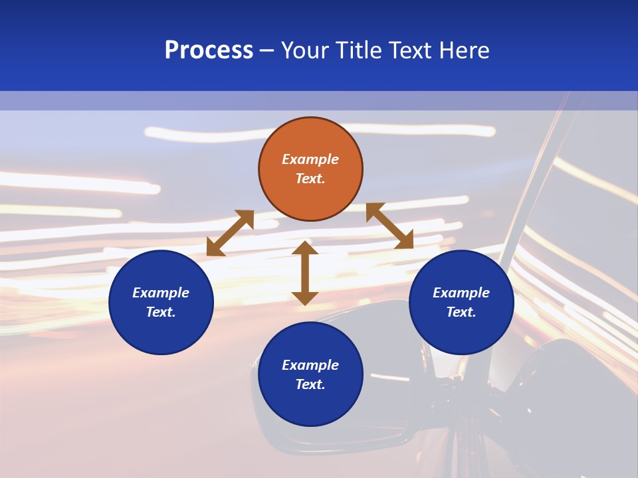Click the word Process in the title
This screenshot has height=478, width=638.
(209, 50)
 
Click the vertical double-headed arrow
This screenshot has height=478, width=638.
(305, 273)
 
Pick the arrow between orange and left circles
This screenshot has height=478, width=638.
(230, 233)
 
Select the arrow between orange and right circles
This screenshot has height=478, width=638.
(389, 226)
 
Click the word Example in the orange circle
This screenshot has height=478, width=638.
(310, 159)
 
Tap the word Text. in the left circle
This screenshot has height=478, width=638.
(161, 312)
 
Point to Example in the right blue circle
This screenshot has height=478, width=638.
(461, 293)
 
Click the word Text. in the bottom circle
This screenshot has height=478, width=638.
(310, 384)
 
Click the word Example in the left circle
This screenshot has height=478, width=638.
(161, 293)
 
